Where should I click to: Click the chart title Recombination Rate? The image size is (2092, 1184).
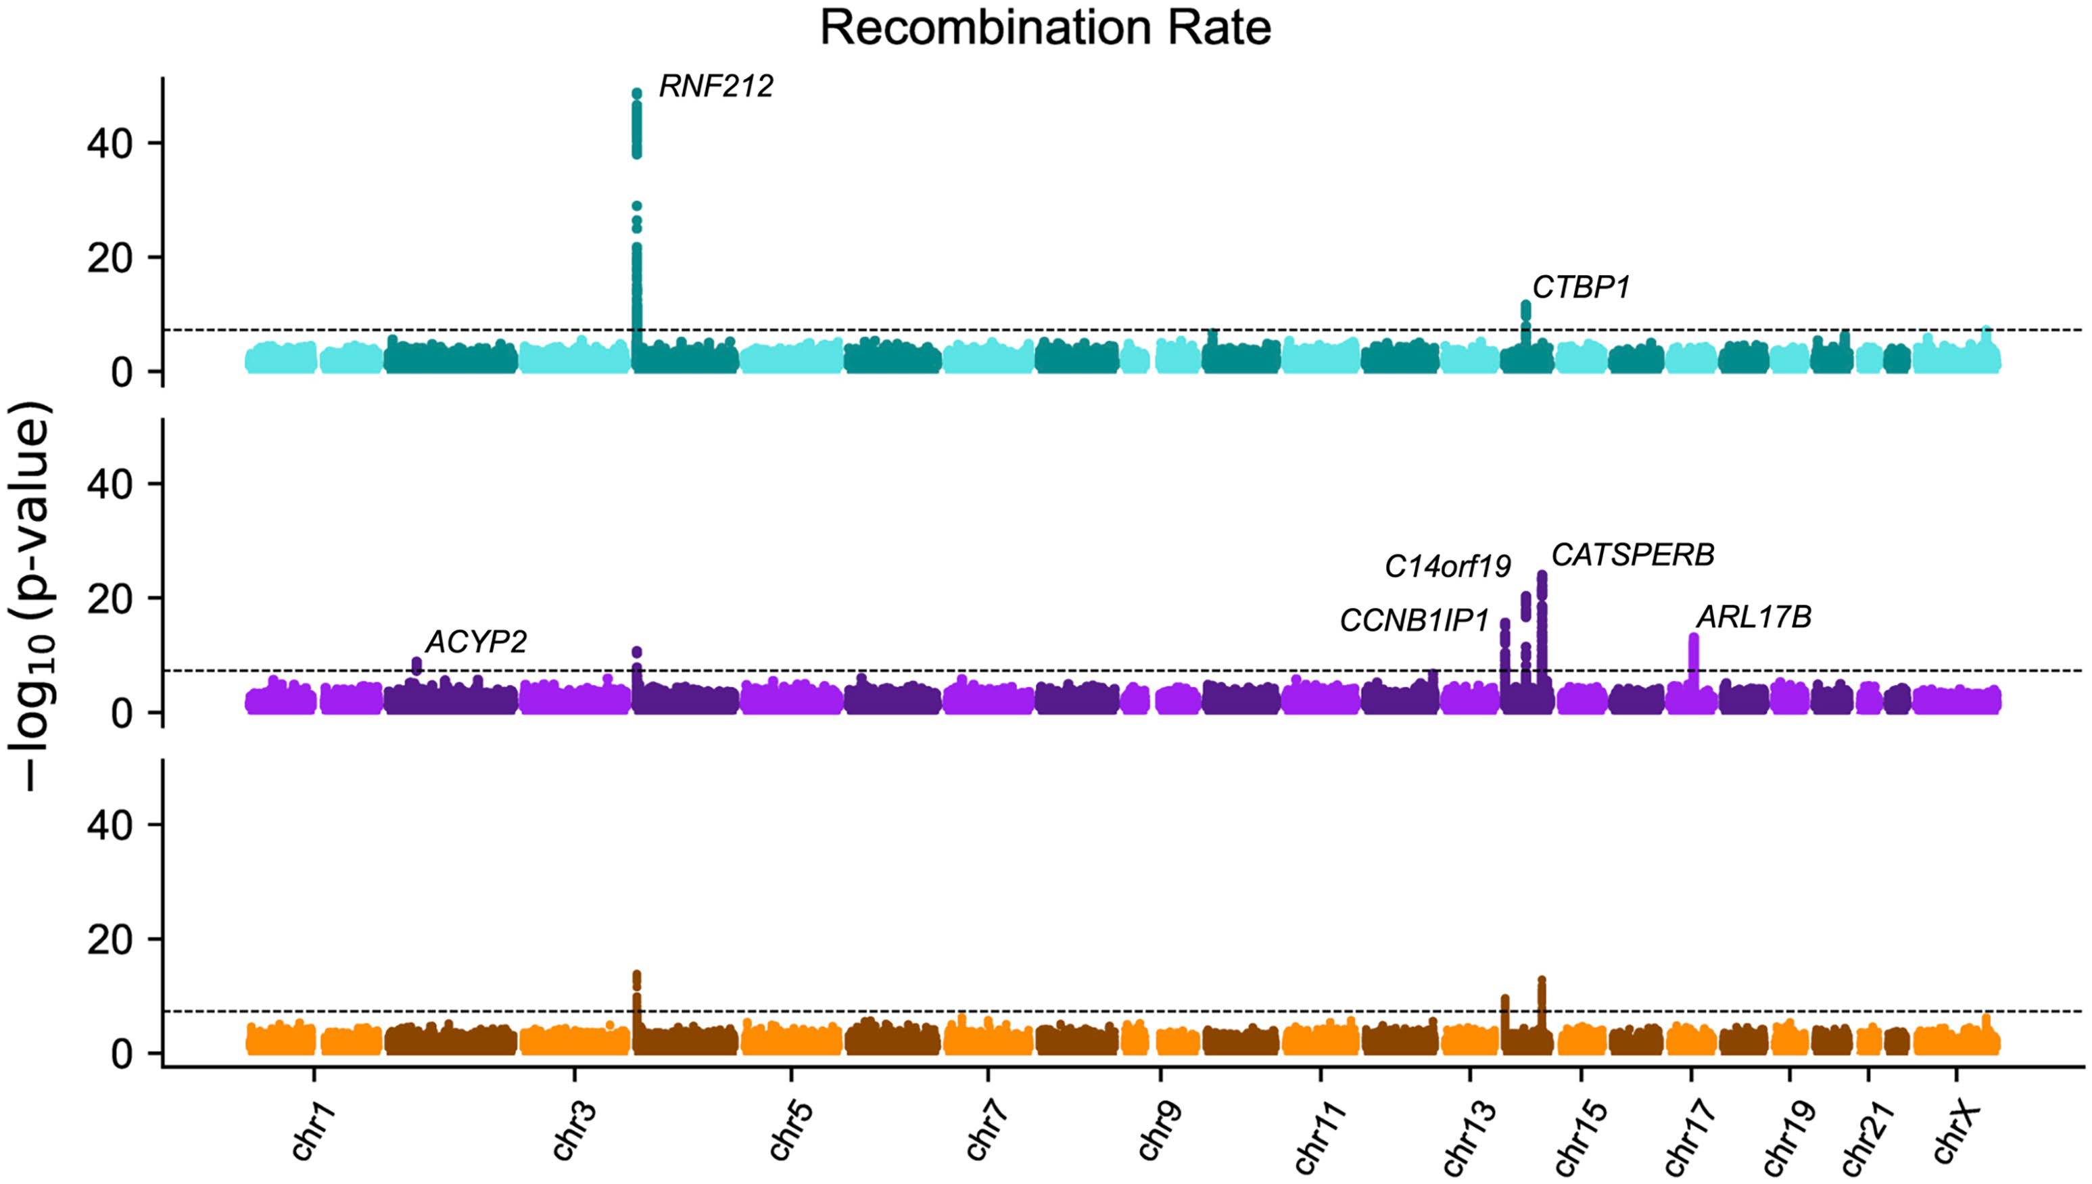(1045, 28)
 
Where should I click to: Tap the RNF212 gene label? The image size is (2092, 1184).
(715, 86)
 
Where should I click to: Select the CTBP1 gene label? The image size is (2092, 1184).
(1582, 288)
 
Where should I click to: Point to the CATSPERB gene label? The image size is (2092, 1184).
(1633, 555)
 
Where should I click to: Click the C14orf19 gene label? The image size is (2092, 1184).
(1447, 567)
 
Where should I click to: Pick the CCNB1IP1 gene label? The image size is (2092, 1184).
(1414, 621)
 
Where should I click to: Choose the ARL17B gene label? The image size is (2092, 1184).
(1754, 618)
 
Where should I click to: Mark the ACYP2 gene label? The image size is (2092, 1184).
(477, 642)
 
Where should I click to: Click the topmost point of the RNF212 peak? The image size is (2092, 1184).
(637, 93)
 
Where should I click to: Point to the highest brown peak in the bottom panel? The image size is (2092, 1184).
(637, 975)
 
